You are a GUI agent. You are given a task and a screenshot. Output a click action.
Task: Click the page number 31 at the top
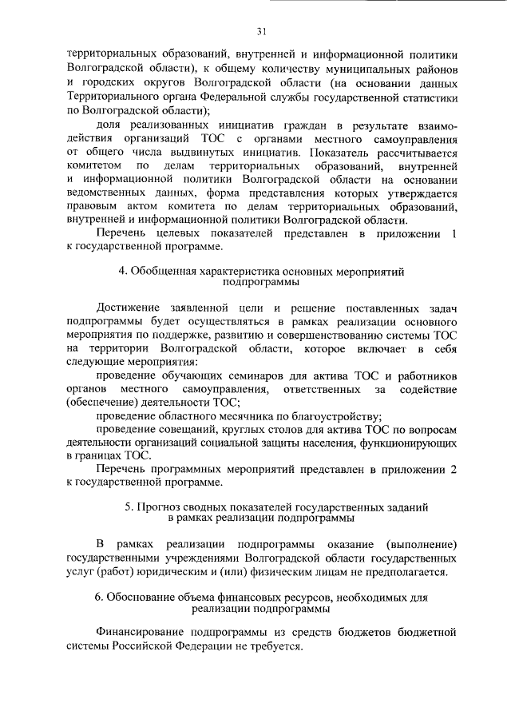tap(261, 32)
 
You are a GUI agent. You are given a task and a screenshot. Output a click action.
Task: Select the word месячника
tap(249, 417)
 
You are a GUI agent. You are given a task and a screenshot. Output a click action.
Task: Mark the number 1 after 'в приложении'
tap(454, 233)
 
